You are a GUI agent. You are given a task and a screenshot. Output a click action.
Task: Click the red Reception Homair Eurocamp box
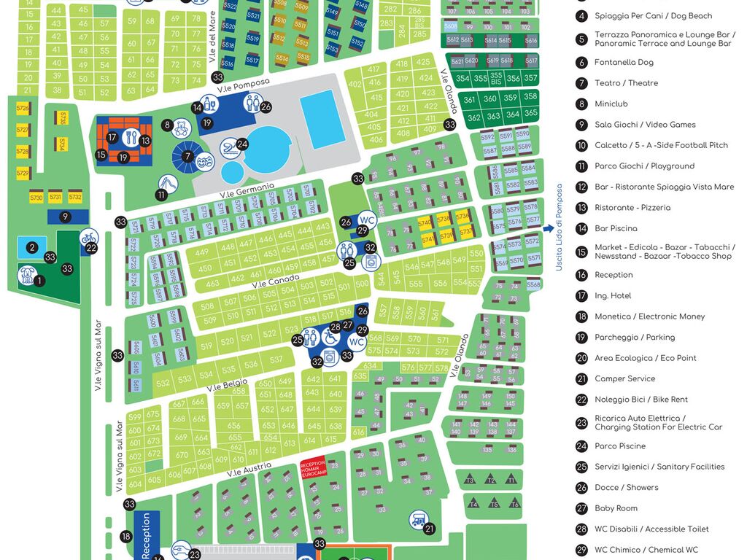click(312, 467)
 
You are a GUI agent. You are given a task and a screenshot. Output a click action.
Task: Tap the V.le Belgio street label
click(227, 384)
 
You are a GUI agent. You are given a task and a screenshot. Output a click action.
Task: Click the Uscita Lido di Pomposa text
click(560, 228)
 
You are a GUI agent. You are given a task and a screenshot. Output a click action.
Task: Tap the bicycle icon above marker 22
click(88, 236)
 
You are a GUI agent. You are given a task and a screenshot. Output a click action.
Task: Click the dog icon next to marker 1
click(27, 275)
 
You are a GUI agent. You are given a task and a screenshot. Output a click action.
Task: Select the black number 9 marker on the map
click(65, 217)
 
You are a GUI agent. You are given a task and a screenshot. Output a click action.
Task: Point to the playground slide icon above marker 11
click(167, 182)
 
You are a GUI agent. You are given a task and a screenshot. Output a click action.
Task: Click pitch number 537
click(276, 359)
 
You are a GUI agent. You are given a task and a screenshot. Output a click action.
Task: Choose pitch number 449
click(202, 252)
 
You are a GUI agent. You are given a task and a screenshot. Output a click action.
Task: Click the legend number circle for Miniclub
click(581, 104)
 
